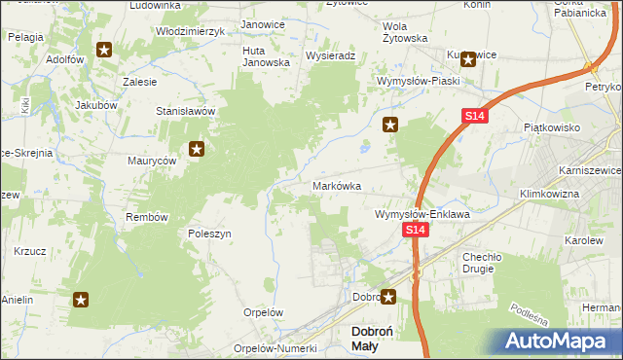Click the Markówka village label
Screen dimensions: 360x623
[337, 185]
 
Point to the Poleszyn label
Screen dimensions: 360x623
[209, 234]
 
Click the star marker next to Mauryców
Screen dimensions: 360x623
[197, 149]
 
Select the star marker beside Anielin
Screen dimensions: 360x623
[81, 301]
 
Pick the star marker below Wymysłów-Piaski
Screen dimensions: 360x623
[390, 124]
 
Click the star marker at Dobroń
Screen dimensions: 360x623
[388, 297]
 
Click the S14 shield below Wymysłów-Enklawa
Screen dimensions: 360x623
[416, 230]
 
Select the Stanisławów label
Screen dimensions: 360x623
[185, 111]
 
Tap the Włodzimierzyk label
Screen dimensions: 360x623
[191, 31]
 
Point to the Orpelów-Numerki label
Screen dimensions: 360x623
[276, 348]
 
